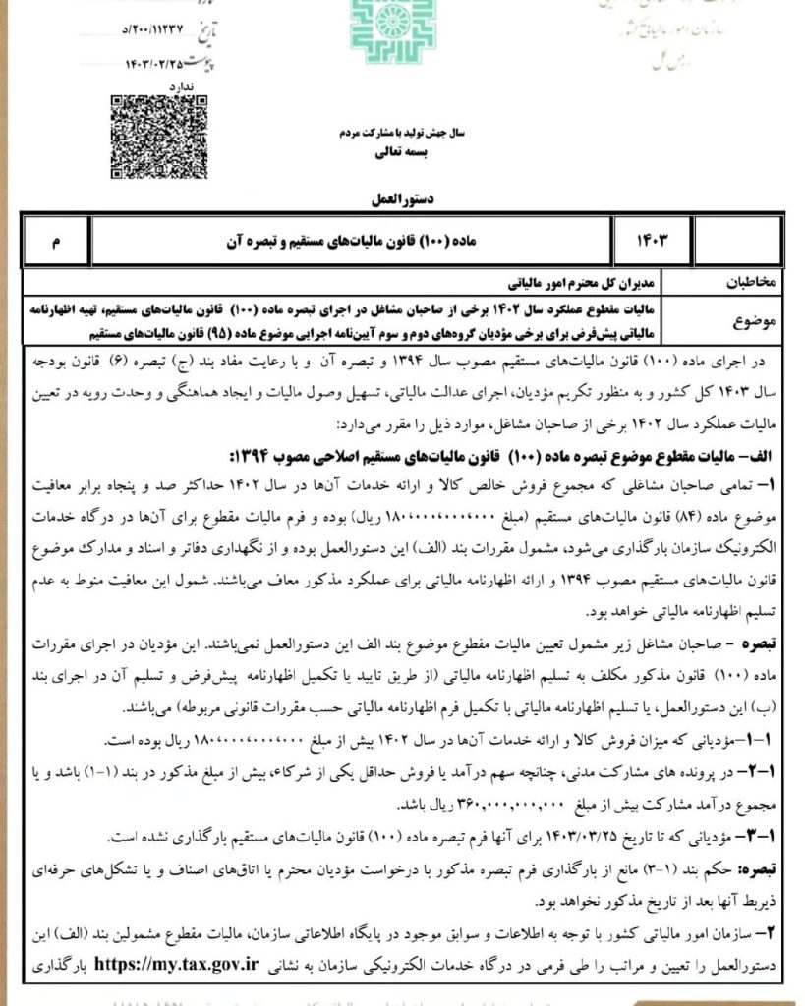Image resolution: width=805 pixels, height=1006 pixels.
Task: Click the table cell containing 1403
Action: (x=656, y=241)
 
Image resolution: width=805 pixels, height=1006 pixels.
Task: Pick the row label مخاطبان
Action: (x=750, y=281)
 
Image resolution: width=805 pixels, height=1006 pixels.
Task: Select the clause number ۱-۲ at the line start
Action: (x=759, y=774)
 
